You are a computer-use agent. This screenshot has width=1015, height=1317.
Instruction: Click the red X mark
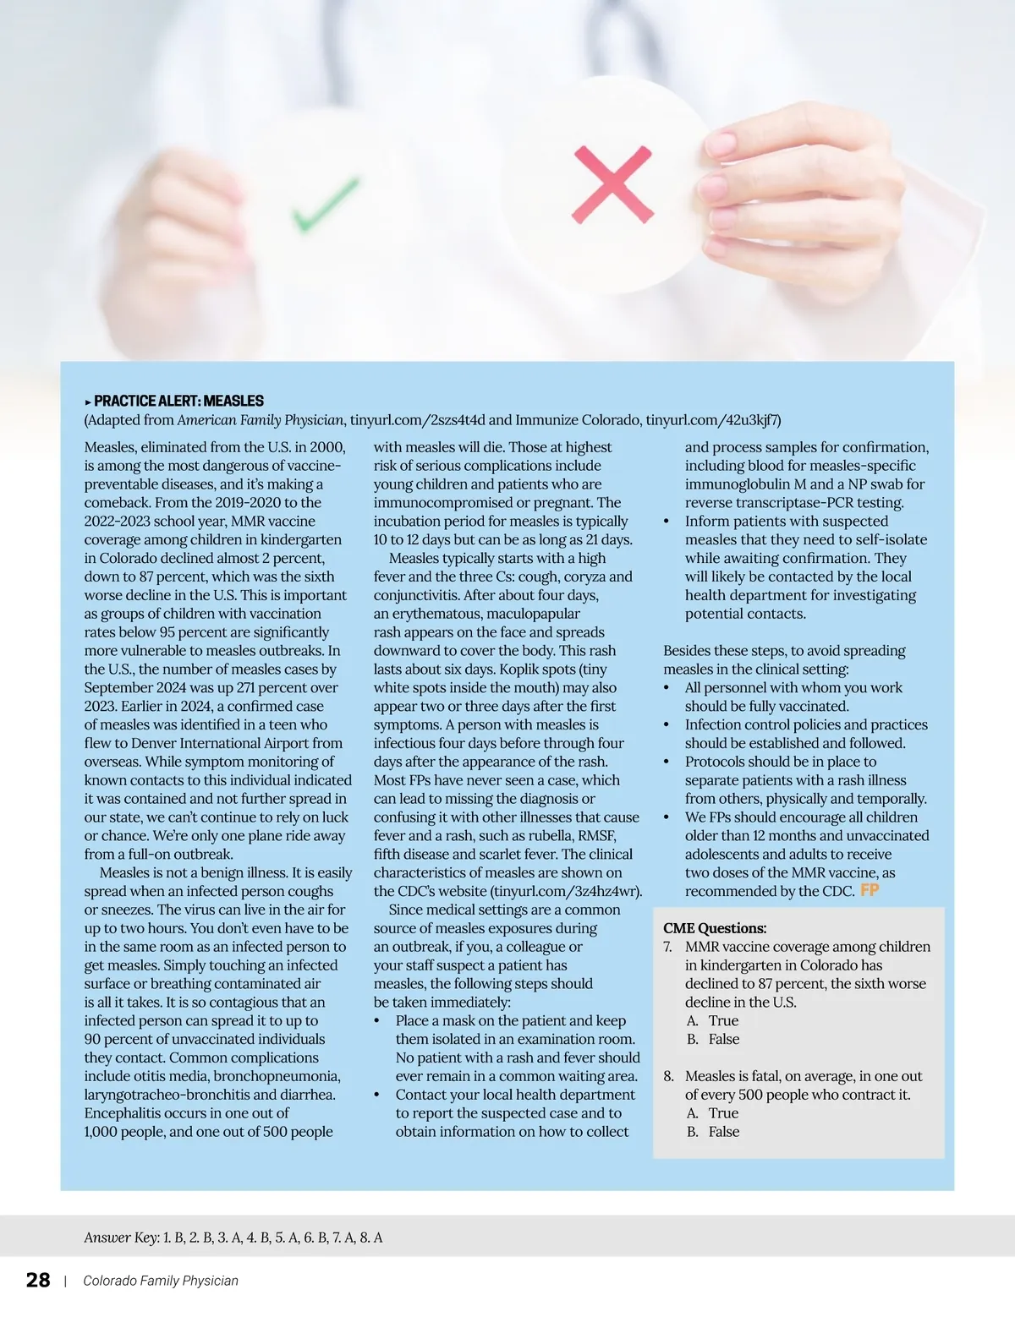click(x=612, y=184)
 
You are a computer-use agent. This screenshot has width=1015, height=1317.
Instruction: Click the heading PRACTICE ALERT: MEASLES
click(x=178, y=401)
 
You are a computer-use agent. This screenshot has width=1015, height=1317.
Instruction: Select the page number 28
click(x=38, y=1280)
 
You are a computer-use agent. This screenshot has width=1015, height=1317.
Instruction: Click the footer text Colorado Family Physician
click(x=161, y=1281)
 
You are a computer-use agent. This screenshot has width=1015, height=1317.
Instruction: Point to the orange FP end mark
click(x=870, y=890)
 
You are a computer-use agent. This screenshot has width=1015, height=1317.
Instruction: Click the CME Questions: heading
click(x=715, y=928)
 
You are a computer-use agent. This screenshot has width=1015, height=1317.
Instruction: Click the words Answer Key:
click(x=122, y=1238)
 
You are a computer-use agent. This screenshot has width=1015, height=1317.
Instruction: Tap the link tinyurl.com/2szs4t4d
click(x=418, y=420)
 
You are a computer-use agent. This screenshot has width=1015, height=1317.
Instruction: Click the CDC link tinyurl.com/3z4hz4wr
click(x=565, y=891)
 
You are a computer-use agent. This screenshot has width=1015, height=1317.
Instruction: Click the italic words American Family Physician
click(x=261, y=420)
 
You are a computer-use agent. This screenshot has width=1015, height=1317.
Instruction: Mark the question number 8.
click(x=668, y=1077)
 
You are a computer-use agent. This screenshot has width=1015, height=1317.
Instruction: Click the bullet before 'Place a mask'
click(x=377, y=1021)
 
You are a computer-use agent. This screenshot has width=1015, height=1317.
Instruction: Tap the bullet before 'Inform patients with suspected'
click(x=667, y=522)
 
